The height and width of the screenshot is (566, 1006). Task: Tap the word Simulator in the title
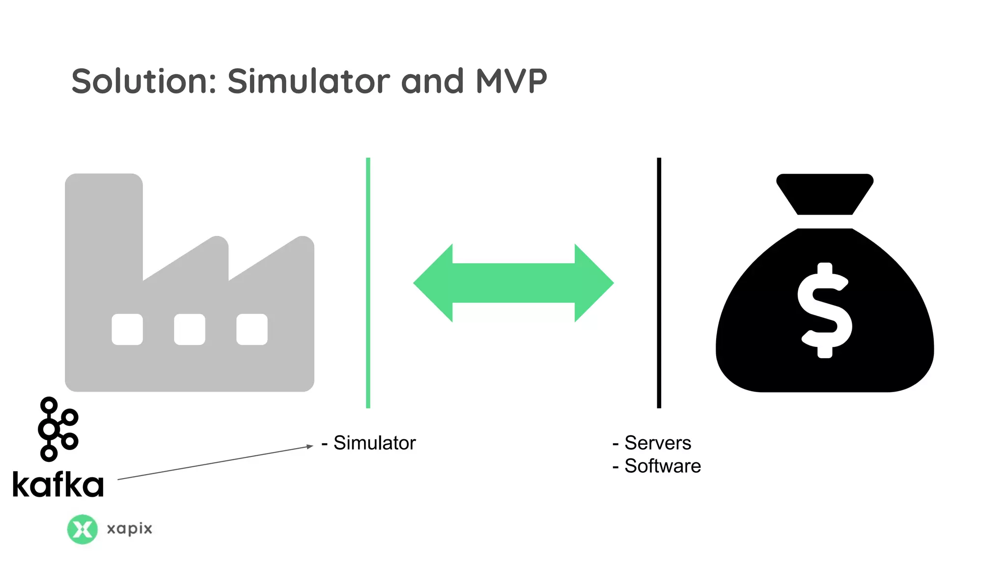308,81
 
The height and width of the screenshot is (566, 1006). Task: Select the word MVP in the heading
511,81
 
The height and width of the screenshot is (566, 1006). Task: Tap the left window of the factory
127,329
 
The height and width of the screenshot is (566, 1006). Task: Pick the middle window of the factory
190,329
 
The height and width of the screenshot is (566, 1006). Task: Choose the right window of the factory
252,329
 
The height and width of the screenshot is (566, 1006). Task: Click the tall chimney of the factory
104,221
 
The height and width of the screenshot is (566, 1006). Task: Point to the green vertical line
368,283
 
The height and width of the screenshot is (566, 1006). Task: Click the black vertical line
659,283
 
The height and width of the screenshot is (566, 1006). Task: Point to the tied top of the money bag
825,194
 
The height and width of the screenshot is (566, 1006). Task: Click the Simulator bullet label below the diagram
374,443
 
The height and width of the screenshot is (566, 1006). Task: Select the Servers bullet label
657,443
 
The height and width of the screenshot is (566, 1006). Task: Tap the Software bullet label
662,466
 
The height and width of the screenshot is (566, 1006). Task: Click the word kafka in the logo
58,484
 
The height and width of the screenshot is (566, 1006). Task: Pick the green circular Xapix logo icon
82,529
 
